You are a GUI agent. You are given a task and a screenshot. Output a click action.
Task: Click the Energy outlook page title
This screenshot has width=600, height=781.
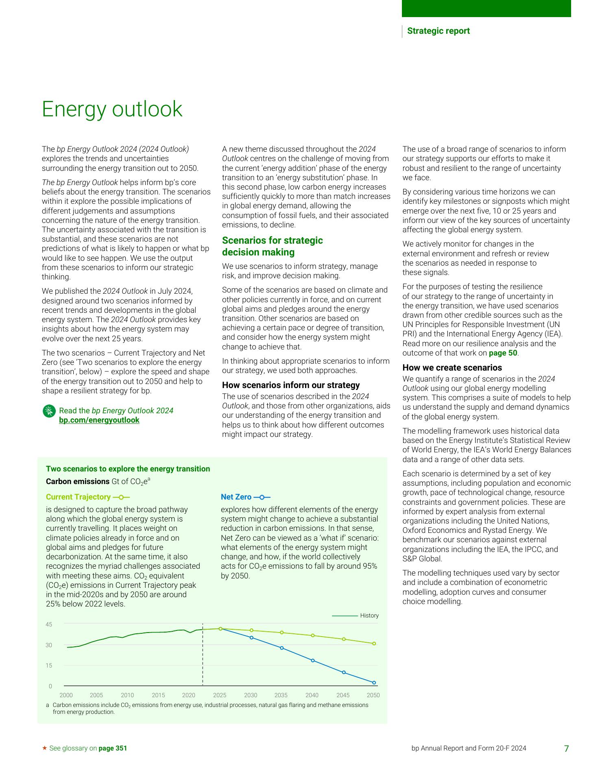point(112,109)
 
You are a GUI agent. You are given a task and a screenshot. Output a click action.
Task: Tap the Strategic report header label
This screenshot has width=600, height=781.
point(438,31)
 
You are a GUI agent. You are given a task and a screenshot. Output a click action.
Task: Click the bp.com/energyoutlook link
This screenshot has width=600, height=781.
point(99,420)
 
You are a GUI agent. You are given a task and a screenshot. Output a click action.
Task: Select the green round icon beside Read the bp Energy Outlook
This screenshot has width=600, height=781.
point(49,411)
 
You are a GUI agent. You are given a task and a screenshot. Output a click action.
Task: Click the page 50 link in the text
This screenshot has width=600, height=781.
point(503,353)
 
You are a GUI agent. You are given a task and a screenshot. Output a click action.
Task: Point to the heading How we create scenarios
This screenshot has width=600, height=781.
point(452,368)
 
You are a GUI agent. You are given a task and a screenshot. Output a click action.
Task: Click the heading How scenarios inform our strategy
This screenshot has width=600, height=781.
point(291,385)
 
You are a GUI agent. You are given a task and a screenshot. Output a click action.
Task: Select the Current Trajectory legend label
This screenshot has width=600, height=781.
point(78,497)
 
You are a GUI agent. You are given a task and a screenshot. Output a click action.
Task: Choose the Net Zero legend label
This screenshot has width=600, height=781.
point(236,497)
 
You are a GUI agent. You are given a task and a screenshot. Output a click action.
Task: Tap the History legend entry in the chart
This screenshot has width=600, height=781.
point(369,615)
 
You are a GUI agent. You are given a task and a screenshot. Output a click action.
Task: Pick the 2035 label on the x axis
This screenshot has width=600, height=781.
point(281,695)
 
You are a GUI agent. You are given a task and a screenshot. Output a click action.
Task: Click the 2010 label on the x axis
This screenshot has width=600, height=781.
point(127,695)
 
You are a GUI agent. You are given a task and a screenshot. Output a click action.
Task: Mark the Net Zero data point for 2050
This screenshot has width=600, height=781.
point(374,683)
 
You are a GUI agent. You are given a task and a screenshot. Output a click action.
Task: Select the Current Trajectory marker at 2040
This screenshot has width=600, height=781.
point(313,635)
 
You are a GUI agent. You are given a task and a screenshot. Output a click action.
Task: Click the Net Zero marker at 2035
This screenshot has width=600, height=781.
point(282,648)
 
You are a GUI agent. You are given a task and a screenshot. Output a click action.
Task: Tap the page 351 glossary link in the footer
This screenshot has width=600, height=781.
point(113,748)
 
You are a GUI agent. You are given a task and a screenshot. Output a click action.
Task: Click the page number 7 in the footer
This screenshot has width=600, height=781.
point(566,748)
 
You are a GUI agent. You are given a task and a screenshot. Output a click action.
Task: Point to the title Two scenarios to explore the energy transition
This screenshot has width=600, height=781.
point(128,469)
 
